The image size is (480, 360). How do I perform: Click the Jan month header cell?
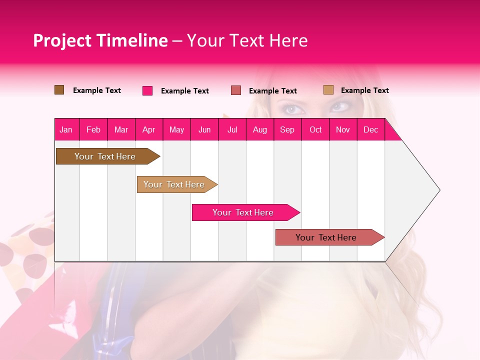pos(66,129)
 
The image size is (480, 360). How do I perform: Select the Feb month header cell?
pos(93,129)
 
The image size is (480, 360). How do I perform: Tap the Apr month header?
pos(149,129)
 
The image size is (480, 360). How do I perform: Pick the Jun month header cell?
pos(204,129)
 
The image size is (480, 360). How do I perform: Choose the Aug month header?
pos(260,129)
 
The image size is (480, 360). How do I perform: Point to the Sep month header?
pos(287,129)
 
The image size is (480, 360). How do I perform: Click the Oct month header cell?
pos(315,129)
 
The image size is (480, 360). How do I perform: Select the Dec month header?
pos(371,129)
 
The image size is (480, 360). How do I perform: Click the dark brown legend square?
pos(59,90)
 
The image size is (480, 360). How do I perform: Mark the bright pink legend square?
pos(147,90)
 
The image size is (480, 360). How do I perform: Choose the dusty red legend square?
pos(236,90)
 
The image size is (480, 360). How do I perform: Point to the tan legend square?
pos(328,90)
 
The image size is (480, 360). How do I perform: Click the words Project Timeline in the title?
pos(100,40)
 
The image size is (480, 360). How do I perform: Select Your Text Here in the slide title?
pos(247,40)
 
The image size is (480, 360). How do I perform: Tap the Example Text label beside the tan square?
pos(364,90)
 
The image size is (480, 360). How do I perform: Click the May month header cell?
pos(176,129)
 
